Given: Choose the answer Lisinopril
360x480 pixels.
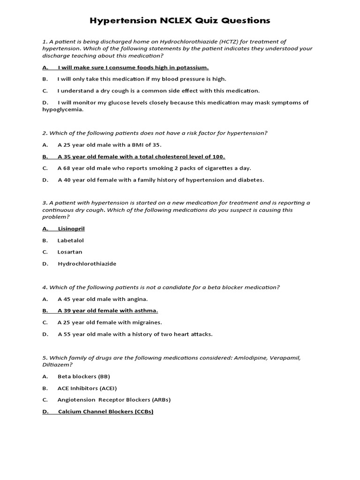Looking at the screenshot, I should pyautogui.click(x=71, y=229).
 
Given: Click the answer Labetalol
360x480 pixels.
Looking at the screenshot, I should pyautogui.click(x=71, y=240).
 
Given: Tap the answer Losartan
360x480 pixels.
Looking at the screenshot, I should pyautogui.click(x=70, y=252).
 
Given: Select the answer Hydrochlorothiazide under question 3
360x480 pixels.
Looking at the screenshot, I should pyautogui.click(x=87, y=263).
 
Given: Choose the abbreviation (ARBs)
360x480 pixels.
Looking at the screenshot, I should pyautogui.click(x=158, y=400).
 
